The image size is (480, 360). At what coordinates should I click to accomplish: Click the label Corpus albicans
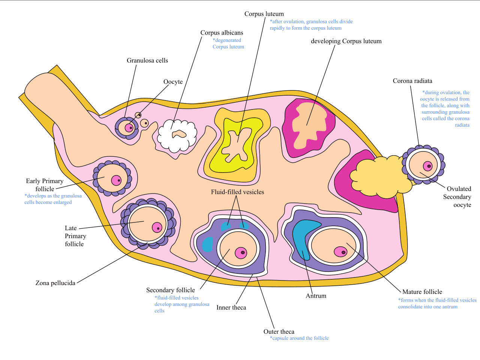pyautogui.click(x=222, y=33)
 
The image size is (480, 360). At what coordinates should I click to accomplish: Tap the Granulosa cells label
pyautogui.click(x=147, y=61)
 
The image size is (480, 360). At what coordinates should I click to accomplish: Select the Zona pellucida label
pyautogui.click(x=55, y=283)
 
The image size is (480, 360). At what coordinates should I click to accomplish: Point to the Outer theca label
pyautogui.click(x=279, y=331)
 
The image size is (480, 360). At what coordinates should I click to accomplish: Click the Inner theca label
pyautogui.click(x=231, y=307)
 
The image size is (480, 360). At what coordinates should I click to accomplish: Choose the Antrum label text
pyautogui.click(x=316, y=296)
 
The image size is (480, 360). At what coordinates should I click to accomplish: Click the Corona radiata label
pyautogui.click(x=412, y=81)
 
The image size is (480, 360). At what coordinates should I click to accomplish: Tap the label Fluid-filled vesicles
pyautogui.click(x=237, y=192)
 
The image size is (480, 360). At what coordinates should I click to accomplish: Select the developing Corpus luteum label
pyautogui.click(x=346, y=41)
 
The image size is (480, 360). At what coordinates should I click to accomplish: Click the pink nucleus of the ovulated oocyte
pyautogui.click(x=427, y=166)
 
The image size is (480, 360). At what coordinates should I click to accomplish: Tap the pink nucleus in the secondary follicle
pyautogui.click(x=241, y=253)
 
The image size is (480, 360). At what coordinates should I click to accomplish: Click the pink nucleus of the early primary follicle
pyautogui.click(x=116, y=180)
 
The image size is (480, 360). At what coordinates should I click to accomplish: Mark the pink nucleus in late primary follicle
pyautogui.click(x=157, y=227)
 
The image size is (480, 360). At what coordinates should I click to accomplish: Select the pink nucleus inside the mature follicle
pyautogui.click(x=340, y=252)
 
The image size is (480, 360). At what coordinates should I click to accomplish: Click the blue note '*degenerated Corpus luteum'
pyautogui.click(x=228, y=43)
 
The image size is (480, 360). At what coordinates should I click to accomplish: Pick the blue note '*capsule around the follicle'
pyautogui.click(x=299, y=338)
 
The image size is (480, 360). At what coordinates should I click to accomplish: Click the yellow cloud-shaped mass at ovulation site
pyautogui.click(x=379, y=176)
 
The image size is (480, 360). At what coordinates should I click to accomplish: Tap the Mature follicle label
pyautogui.click(x=422, y=292)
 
